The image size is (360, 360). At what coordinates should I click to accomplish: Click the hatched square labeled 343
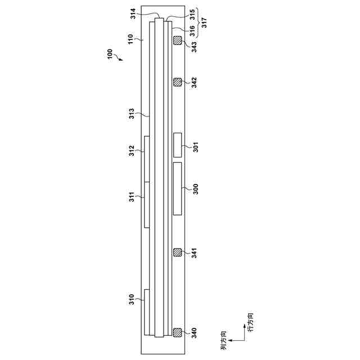177,40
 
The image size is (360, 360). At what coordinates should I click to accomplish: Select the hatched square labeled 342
177,82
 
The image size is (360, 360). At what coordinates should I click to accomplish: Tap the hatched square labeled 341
177,253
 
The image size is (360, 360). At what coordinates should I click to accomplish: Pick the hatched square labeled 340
177,332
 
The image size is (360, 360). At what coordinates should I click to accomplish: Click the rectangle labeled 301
177,145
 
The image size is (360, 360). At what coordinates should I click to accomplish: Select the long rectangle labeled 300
177,188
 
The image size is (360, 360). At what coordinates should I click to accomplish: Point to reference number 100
110,54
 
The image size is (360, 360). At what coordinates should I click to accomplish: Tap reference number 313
131,114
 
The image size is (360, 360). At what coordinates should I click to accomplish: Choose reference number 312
131,151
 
